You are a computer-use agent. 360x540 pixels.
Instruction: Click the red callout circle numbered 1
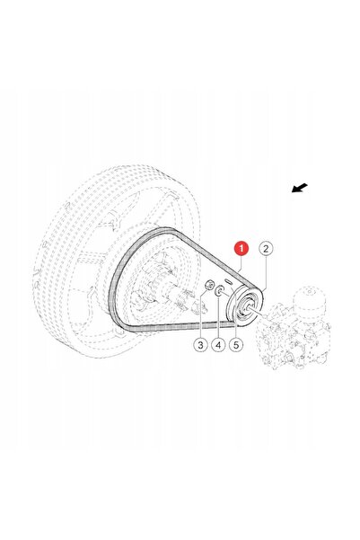pos(241,248)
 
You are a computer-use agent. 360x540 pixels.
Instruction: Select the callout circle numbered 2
pos(266,248)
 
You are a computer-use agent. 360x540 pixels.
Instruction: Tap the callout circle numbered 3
pos(201,344)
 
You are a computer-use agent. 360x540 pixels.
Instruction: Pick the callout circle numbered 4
pos(218,344)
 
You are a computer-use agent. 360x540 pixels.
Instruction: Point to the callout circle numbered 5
pos(236,344)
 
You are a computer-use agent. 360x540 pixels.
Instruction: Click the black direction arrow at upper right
pos(300,188)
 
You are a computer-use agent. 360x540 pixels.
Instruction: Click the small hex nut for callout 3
pos(208,285)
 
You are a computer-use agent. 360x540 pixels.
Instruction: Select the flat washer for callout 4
pos(218,292)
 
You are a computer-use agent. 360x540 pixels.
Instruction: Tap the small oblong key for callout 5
pos(227,281)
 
